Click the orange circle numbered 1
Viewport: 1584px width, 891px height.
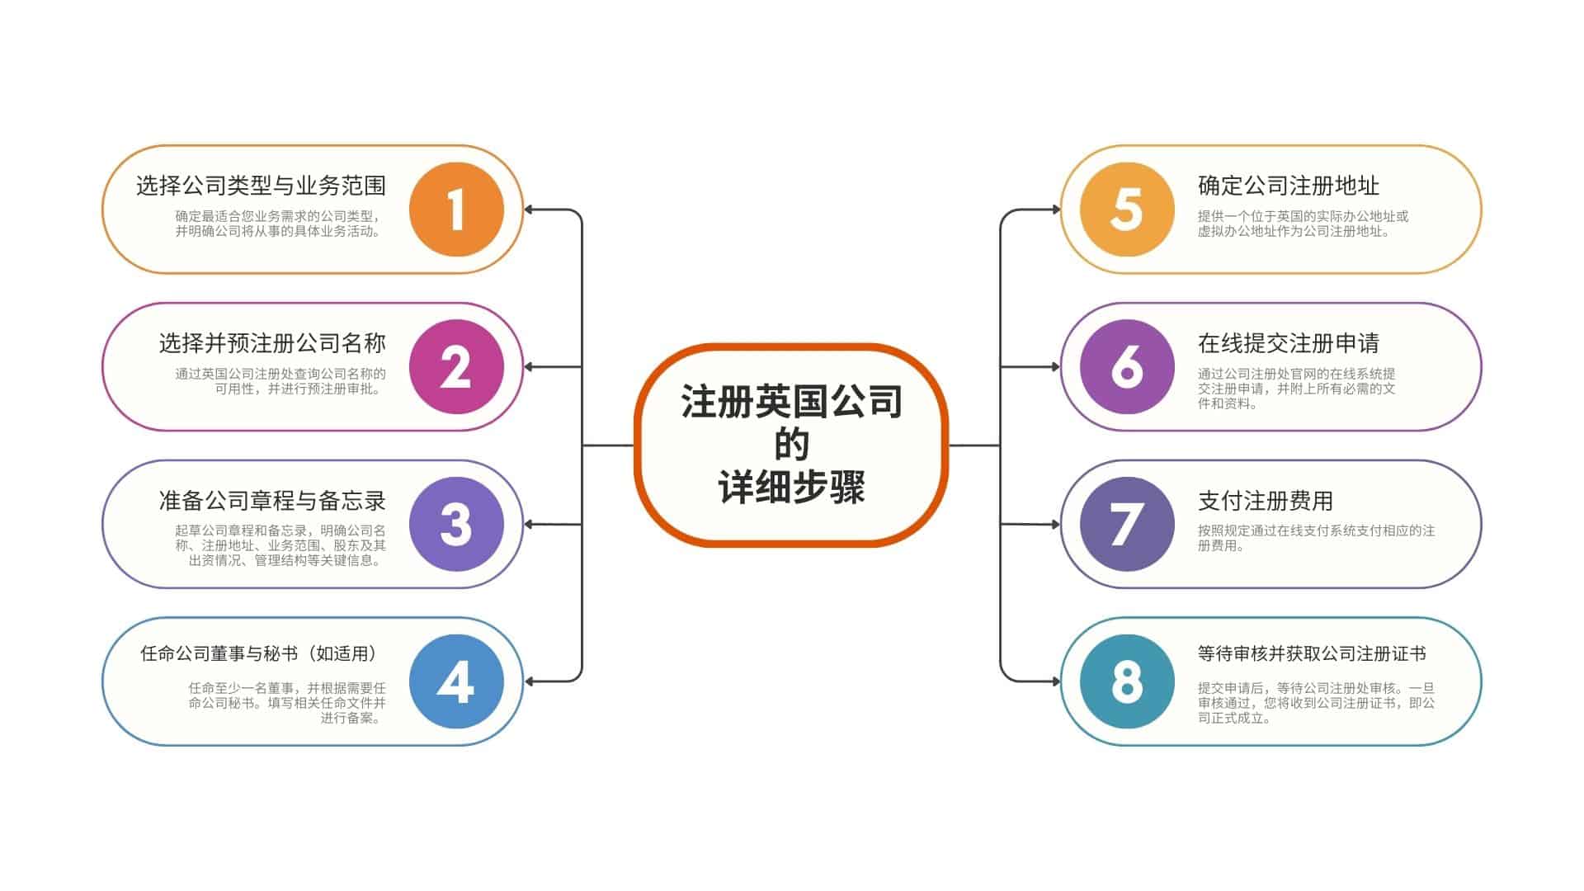(x=456, y=210)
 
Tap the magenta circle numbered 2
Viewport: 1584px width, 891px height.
(x=456, y=366)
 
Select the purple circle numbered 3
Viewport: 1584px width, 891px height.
(x=456, y=524)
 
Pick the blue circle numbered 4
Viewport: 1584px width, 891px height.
(x=456, y=681)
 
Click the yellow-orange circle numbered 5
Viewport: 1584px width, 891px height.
(x=1127, y=210)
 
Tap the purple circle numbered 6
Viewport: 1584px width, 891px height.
(x=1127, y=366)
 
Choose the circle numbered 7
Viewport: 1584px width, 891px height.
(x=1127, y=524)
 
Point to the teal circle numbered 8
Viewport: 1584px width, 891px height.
(x=1127, y=681)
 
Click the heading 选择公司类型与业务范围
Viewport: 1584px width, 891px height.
(x=261, y=186)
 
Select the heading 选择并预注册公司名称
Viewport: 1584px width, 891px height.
(x=272, y=343)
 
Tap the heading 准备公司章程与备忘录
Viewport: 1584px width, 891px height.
(x=272, y=501)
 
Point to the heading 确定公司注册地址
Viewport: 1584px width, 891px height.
(x=1289, y=186)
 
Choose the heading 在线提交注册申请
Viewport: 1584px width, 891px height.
(x=1289, y=343)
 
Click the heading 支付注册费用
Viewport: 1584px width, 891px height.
(x=1266, y=501)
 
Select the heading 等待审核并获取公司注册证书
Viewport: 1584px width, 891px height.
(x=1312, y=653)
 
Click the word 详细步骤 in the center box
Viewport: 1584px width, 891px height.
(x=792, y=488)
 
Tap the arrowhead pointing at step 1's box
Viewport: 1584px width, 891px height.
(x=529, y=210)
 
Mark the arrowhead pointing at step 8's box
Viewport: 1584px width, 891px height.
(x=1055, y=681)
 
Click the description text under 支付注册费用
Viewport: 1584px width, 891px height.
(x=1316, y=538)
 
